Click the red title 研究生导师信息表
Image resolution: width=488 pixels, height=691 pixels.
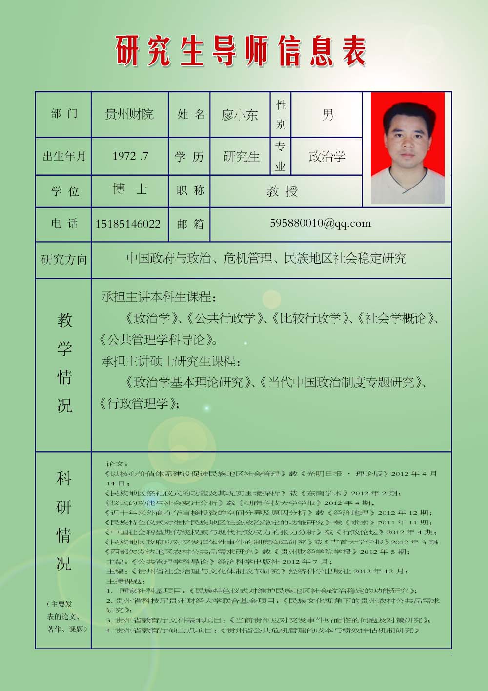(241, 51)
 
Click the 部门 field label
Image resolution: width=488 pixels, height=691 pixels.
(64, 114)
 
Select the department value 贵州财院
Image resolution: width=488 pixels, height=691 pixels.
(129, 114)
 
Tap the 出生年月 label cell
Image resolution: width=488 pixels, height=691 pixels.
(64, 156)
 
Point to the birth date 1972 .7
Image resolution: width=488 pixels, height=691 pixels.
(130, 156)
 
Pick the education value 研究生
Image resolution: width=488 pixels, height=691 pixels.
(242, 157)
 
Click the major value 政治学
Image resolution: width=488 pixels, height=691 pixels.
(327, 156)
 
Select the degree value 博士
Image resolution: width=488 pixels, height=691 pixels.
(130, 189)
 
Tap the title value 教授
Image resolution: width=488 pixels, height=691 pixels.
(282, 191)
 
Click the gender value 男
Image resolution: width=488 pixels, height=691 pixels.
(327, 115)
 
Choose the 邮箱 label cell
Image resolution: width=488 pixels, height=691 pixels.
(190, 224)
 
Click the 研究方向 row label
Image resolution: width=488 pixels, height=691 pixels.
(64, 259)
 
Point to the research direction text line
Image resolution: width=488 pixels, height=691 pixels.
(266, 258)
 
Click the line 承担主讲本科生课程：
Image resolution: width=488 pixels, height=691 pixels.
(158, 297)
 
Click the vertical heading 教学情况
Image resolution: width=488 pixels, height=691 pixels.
(64, 362)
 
